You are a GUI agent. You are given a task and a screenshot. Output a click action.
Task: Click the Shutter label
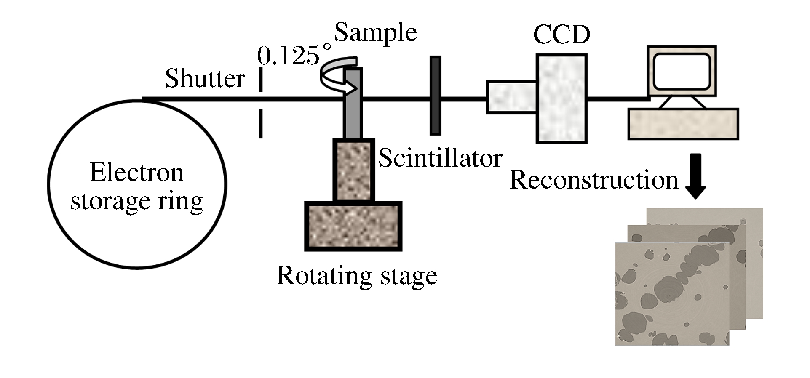[x=205, y=79]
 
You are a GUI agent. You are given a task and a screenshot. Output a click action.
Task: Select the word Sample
[x=375, y=33]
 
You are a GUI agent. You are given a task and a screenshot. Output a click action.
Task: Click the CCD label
[x=561, y=35]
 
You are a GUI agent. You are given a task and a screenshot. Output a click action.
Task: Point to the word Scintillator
[x=440, y=159]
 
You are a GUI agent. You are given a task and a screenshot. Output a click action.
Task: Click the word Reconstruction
[x=593, y=180]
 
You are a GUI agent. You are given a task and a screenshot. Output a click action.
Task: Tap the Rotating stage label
[x=357, y=276]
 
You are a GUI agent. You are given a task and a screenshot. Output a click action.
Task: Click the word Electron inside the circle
[x=136, y=173]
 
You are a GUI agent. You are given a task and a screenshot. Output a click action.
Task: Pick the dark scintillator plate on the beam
[x=436, y=96]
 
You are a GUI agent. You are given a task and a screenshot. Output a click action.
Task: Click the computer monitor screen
[x=682, y=72]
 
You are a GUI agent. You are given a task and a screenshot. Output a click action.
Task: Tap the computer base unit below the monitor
[x=683, y=124]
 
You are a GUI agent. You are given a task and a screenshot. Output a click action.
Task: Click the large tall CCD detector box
[x=561, y=98]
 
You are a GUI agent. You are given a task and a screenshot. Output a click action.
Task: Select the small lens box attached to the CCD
[x=511, y=97]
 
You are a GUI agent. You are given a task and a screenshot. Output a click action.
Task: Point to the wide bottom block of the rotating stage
[x=353, y=226]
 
